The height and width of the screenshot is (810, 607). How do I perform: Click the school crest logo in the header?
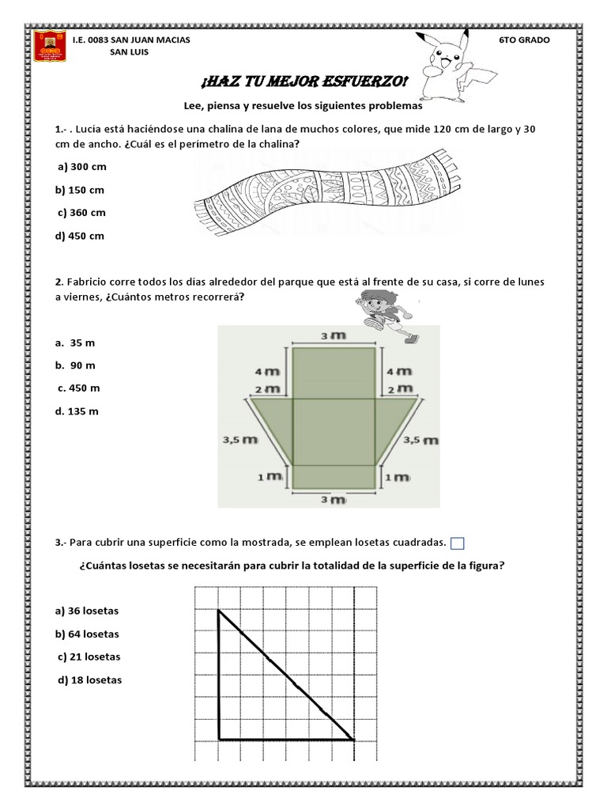pyautogui.click(x=49, y=47)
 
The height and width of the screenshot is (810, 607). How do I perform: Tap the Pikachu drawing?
pyautogui.click(x=451, y=62)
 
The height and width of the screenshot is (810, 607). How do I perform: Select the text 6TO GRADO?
pyautogui.click(x=525, y=40)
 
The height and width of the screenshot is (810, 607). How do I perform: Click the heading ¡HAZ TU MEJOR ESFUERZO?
pyautogui.click(x=304, y=81)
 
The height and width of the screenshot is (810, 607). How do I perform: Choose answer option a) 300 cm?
pyautogui.click(x=81, y=168)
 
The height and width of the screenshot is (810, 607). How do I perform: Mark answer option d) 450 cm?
pyautogui.click(x=80, y=236)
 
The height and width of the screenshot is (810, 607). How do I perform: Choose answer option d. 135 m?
pyautogui.click(x=77, y=411)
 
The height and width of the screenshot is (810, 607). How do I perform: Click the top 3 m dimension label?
pyautogui.click(x=333, y=336)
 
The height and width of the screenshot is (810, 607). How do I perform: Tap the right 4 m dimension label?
pyautogui.click(x=399, y=370)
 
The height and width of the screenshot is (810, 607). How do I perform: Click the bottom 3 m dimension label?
pyautogui.click(x=333, y=500)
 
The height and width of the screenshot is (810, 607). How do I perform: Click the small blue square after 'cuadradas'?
pyautogui.click(x=458, y=543)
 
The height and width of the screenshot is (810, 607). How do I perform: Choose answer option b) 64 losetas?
pyautogui.click(x=87, y=634)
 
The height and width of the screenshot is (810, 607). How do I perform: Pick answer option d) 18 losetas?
pyautogui.click(x=89, y=680)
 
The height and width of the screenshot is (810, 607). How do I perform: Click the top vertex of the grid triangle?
pyautogui.click(x=219, y=610)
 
